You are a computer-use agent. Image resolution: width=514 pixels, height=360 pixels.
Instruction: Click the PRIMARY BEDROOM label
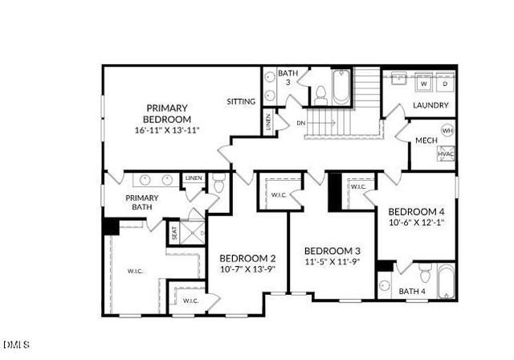click(x=166, y=113)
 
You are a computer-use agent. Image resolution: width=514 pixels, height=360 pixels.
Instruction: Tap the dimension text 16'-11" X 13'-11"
click(x=166, y=129)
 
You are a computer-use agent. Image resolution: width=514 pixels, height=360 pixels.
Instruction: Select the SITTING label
click(x=241, y=102)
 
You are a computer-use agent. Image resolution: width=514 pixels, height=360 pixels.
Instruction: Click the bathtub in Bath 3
click(x=341, y=88)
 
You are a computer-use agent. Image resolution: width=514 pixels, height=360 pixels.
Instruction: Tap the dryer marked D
click(x=444, y=84)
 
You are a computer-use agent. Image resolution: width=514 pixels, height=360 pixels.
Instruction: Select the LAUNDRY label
click(x=430, y=105)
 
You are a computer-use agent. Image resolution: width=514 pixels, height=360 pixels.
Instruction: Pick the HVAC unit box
click(x=447, y=153)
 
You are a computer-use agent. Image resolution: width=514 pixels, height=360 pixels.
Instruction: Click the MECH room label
click(x=426, y=141)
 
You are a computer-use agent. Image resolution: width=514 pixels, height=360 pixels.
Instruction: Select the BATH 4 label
click(x=413, y=291)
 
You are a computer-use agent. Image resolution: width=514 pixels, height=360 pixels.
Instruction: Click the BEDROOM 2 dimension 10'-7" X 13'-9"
click(x=247, y=269)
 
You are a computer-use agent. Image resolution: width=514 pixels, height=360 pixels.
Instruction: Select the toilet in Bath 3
click(x=319, y=94)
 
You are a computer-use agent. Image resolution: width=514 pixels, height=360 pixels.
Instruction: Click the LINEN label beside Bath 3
click(x=268, y=122)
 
